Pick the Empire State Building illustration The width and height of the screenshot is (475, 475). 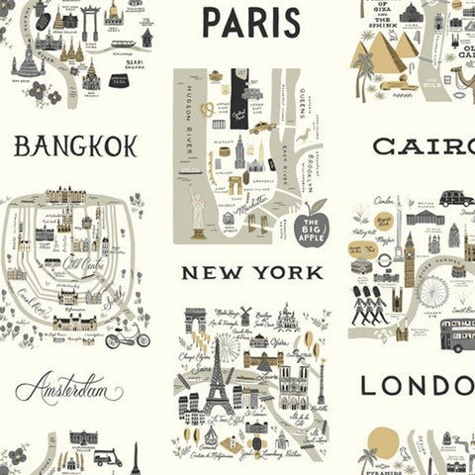tap(238, 151)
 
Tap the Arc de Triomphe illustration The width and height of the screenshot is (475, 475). tap(196, 321)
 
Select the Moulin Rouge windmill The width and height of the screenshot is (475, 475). tap(245, 316)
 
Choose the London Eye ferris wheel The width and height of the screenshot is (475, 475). tap(432, 291)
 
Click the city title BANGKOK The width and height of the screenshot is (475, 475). tap(75, 147)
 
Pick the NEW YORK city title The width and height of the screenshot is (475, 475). tap(246, 271)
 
